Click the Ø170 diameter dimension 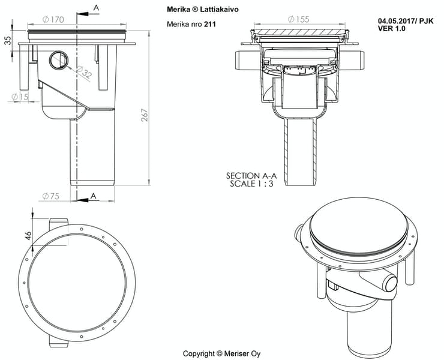[53, 20]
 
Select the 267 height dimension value [144, 115]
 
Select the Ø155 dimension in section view [298, 19]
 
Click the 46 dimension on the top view [28, 235]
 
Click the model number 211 [209, 24]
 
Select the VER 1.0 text [391, 28]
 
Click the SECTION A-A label [251, 175]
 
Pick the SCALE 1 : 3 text [252, 184]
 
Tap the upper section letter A [97, 7]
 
